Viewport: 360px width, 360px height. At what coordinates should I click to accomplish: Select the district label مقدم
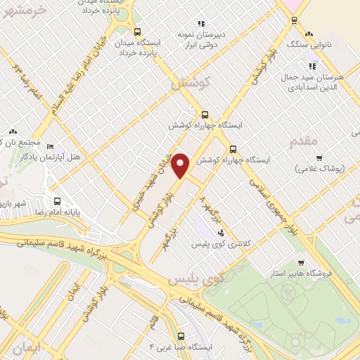304,141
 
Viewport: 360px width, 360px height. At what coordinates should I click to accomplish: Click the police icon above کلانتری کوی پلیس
221,232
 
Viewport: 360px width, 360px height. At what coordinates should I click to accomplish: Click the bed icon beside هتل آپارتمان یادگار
49,147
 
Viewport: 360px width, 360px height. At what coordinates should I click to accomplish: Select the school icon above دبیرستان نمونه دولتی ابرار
201,23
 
